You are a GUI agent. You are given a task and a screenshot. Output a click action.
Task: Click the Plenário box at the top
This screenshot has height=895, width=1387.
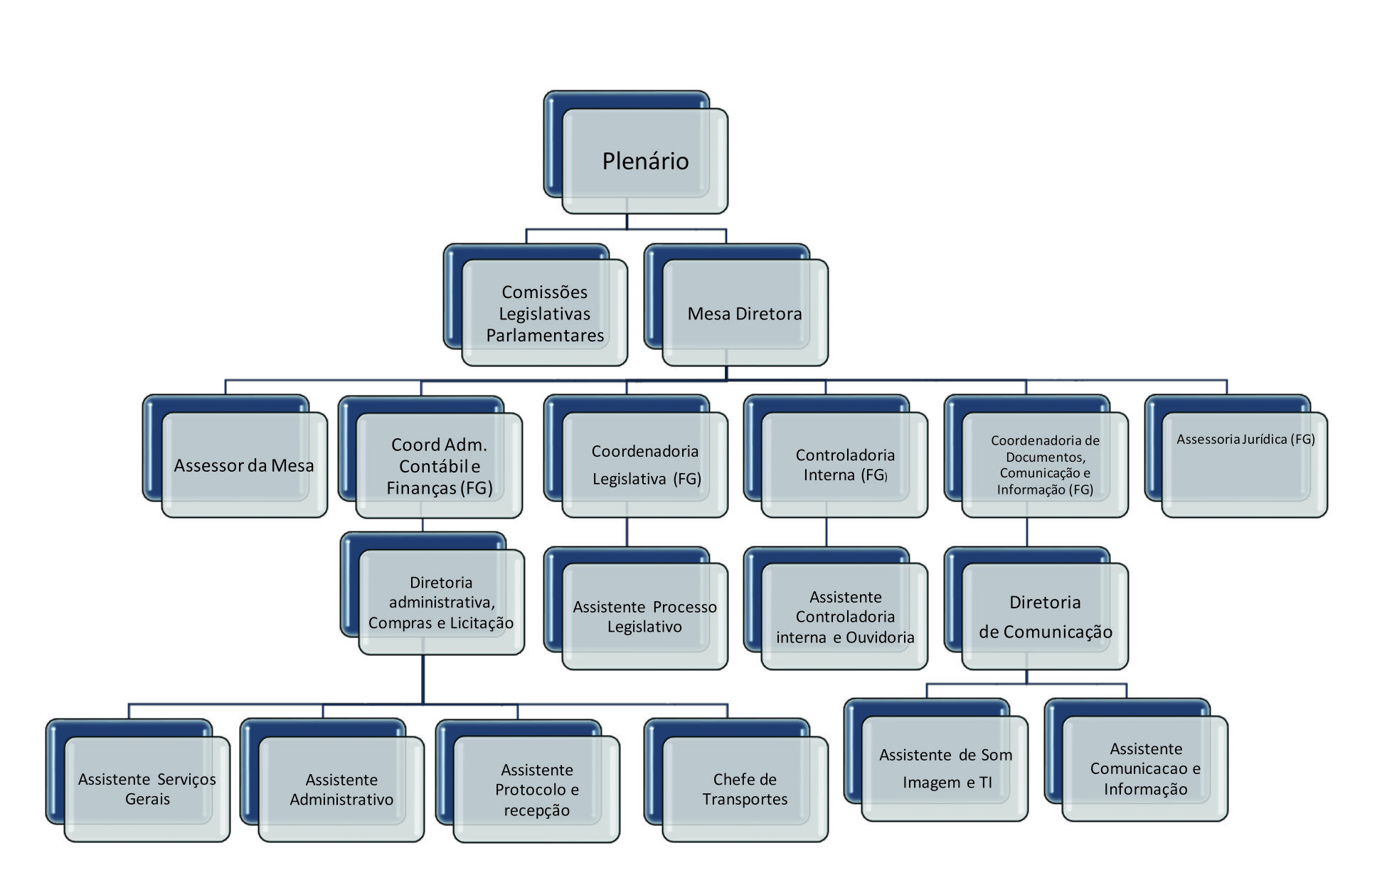click(644, 161)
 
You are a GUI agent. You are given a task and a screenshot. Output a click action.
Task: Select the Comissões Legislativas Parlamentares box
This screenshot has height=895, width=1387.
click(545, 313)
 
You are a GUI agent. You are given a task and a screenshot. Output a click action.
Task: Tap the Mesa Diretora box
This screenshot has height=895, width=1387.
click(745, 313)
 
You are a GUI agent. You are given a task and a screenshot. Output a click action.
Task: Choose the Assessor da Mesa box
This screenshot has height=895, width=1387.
click(244, 465)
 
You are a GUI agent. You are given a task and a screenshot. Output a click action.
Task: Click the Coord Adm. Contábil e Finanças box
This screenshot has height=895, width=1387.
click(440, 466)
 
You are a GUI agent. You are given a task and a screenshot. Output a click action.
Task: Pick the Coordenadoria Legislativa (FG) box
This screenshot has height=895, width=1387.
click(645, 465)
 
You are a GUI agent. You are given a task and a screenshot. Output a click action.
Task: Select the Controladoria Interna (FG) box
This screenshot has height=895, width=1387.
click(845, 465)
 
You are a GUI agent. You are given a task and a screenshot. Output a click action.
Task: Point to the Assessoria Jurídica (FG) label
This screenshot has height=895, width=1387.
click(1245, 439)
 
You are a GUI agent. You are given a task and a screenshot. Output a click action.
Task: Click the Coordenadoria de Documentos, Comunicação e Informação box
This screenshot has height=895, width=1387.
click(1045, 465)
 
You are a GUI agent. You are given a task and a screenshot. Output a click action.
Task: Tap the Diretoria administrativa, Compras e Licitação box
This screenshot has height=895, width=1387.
click(441, 603)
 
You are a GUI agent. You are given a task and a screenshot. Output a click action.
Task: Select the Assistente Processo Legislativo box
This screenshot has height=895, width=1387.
click(644, 617)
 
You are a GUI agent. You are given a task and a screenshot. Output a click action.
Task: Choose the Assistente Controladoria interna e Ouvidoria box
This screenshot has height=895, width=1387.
click(845, 617)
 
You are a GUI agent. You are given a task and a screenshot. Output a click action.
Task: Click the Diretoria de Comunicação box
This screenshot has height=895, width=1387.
click(1045, 617)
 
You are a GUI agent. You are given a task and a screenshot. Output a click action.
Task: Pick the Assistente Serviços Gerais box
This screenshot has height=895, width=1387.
click(147, 789)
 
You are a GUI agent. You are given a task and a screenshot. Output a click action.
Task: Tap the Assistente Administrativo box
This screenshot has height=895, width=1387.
click(341, 790)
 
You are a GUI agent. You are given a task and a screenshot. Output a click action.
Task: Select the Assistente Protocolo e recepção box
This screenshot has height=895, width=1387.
click(537, 790)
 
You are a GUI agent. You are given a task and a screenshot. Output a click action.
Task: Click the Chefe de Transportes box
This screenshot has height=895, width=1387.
click(745, 789)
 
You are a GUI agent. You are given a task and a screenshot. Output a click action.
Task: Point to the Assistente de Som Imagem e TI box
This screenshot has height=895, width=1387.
click(945, 768)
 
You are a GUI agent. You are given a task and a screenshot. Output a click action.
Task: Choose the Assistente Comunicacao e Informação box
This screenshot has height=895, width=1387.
click(1145, 768)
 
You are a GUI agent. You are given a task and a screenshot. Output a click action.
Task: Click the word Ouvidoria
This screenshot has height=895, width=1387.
click(880, 637)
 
